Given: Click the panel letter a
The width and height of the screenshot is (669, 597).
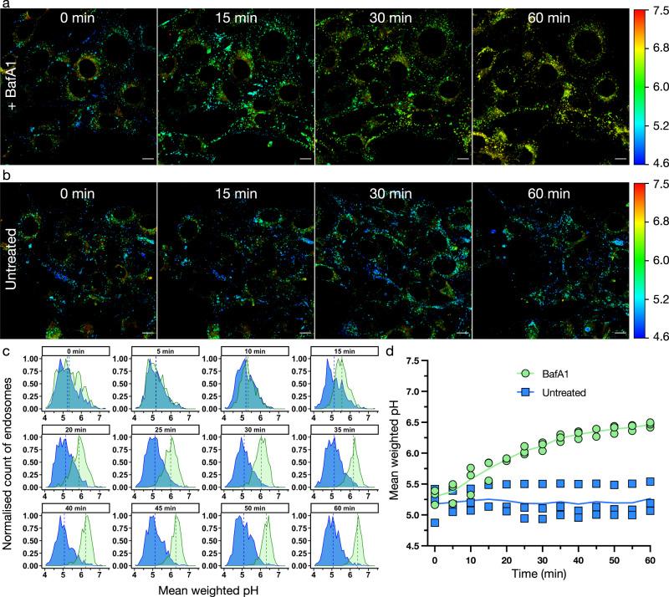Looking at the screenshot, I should (5, 6).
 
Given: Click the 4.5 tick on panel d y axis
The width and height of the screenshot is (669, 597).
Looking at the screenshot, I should (415, 547).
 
